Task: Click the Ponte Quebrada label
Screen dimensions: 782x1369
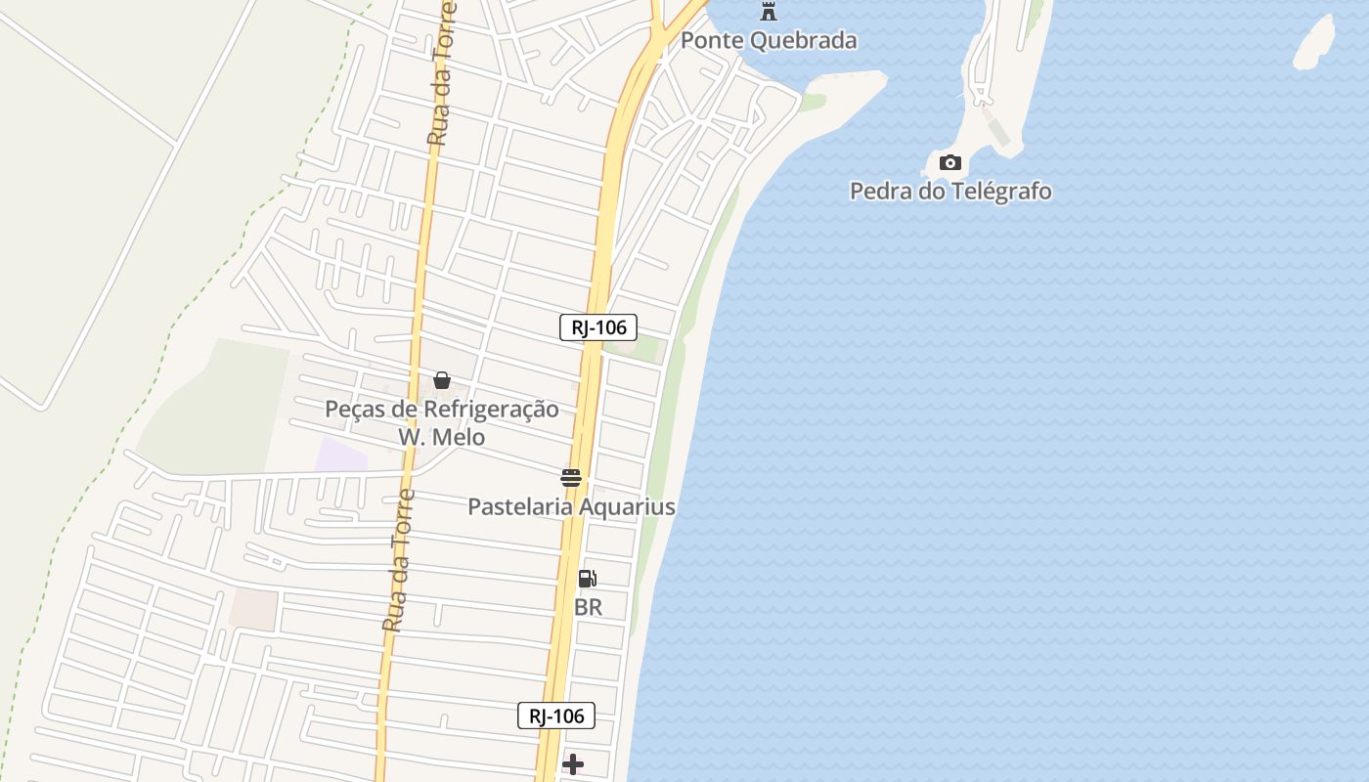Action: coord(769,40)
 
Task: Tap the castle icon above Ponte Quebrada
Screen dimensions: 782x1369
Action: coord(769,12)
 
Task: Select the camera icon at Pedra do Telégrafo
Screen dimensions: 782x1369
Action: coord(949,162)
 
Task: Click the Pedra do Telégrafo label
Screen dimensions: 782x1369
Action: coord(950,191)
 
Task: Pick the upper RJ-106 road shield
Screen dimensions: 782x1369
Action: coord(598,327)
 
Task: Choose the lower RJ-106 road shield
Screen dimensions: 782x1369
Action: coord(556,716)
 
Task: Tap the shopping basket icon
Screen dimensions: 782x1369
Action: coord(442,380)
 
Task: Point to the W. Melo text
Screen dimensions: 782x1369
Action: coord(442,437)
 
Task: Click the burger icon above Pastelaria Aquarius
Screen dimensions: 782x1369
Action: coord(571,478)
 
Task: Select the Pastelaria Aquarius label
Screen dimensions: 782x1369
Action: coord(571,506)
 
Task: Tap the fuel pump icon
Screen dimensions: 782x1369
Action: coord(587,579)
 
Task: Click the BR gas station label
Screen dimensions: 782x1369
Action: coord(588,607)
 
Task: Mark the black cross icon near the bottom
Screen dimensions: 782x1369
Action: coord(573,763)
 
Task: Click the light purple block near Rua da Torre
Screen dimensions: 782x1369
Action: coord(341,455)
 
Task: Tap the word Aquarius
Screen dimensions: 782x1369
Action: coord(626,506)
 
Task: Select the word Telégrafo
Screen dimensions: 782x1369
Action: coord(1000,191)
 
